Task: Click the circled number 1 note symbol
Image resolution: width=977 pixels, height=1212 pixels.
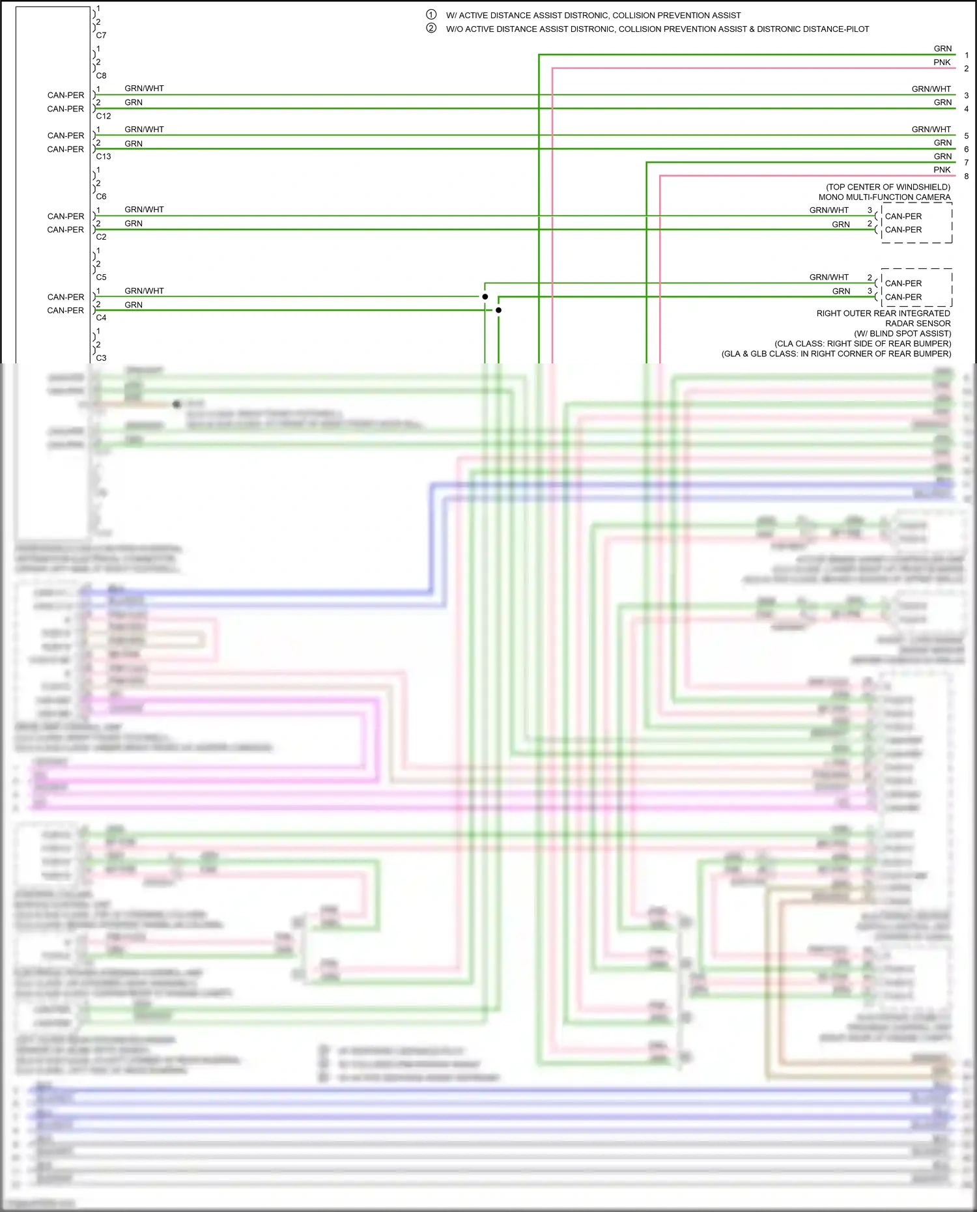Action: (431, 14)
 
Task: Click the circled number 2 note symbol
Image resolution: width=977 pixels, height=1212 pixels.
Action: (431, 28)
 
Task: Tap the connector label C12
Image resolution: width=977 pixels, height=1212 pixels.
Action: (104, 116)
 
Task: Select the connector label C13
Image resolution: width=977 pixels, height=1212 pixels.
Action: (104, 156)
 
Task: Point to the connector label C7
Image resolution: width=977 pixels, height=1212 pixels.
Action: (101, 35)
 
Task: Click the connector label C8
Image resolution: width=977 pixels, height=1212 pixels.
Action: (101, 76)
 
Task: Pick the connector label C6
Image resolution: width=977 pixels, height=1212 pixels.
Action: (101, 196)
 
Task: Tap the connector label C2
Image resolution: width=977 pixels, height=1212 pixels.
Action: (101, 236)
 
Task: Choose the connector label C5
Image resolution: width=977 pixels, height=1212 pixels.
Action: (101, 277)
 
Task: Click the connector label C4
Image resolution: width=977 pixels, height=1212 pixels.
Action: (101, 317)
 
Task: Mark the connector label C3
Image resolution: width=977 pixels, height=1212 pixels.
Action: (101, 358)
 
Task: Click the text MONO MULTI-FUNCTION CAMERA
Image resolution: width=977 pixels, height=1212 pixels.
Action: (885, 197)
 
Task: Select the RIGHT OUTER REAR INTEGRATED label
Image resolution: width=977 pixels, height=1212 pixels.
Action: (883, 313)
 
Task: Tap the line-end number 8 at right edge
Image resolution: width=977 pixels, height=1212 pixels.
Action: (967, 176)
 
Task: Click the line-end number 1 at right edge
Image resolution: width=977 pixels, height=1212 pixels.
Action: (967, 55)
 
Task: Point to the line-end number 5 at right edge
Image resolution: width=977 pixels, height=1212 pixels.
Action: (967, 136)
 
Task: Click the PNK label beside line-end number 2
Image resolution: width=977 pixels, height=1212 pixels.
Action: (942, 63)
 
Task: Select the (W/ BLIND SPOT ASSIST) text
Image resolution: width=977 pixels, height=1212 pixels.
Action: (903, 333)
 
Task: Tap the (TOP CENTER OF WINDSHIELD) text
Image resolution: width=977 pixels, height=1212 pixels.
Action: (888, 187)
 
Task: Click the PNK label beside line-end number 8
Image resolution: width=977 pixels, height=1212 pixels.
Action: (942, 170)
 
